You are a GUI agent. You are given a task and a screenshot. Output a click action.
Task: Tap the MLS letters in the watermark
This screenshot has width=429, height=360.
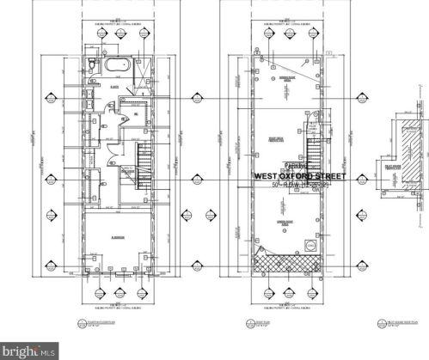(x=43, y=350)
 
